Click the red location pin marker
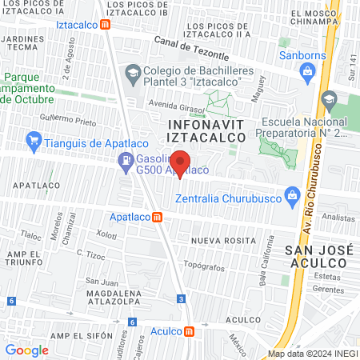[181, 166]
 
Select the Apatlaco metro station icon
[158, 217]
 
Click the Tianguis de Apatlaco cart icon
[33, 143]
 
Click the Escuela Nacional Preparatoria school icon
[328, 100]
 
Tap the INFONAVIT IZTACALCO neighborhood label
[201, 130]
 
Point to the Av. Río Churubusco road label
[306, 208]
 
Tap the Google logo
[26, 350]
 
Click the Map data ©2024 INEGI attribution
[312, 354]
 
